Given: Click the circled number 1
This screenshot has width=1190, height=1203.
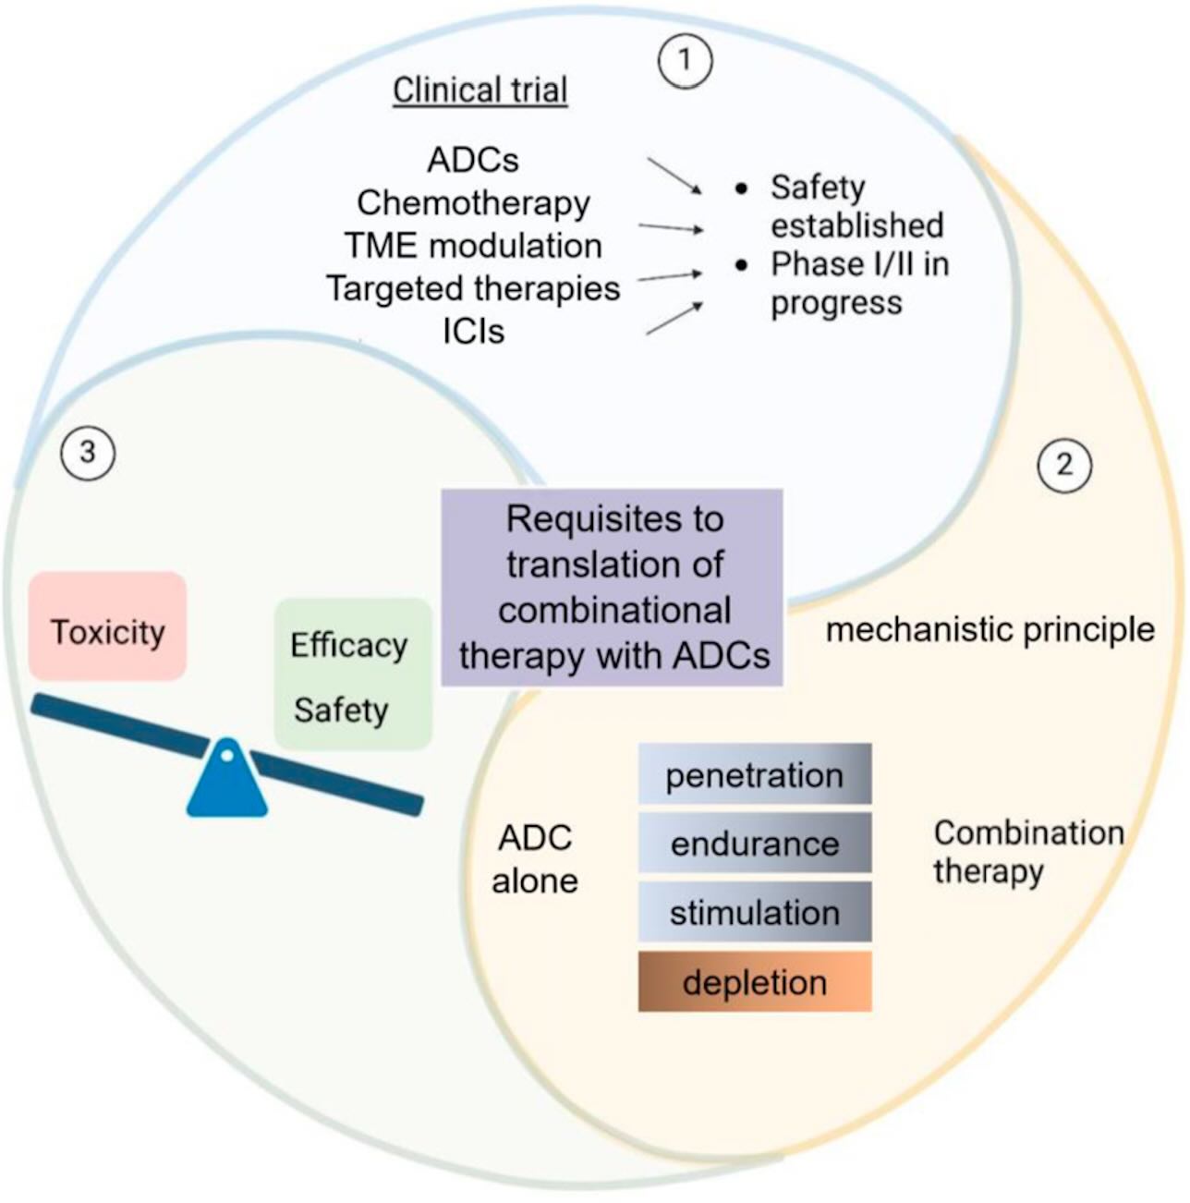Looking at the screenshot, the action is tap(685, 61).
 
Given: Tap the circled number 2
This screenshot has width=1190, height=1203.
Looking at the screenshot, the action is tap(1063, 465).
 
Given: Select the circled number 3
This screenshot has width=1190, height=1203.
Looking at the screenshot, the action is tap(88, 453).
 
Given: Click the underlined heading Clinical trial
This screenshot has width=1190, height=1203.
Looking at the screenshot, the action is tap(480, 91).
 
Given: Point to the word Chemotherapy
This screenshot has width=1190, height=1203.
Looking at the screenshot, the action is tap(473, 203).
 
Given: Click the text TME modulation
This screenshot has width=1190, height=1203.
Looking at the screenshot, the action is tap(473, 246).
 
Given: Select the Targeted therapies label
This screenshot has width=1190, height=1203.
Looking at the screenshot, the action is tap(473, 288).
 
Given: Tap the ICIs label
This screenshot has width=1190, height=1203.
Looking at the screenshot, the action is tap(473, 332).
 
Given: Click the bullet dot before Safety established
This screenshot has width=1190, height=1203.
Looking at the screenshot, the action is tap(741, 188).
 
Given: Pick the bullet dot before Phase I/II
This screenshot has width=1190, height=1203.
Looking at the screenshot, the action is tap(741, 266).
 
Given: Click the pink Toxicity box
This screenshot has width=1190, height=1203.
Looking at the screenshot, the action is tap(107, 626).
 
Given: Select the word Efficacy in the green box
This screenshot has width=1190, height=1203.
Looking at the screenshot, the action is tap(348, 646).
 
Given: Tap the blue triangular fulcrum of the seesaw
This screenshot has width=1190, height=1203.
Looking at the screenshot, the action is tap(227, 778).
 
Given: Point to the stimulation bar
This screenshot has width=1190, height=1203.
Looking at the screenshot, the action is tap(754, 911).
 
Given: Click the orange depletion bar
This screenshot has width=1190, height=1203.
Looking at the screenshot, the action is tap(754, 981).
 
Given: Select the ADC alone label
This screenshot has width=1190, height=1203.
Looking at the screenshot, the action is tap(534, 859).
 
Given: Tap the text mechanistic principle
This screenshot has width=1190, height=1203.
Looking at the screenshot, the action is tap(990, 630).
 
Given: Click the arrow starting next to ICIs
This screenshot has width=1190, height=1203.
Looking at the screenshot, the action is tap(674, 319).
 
